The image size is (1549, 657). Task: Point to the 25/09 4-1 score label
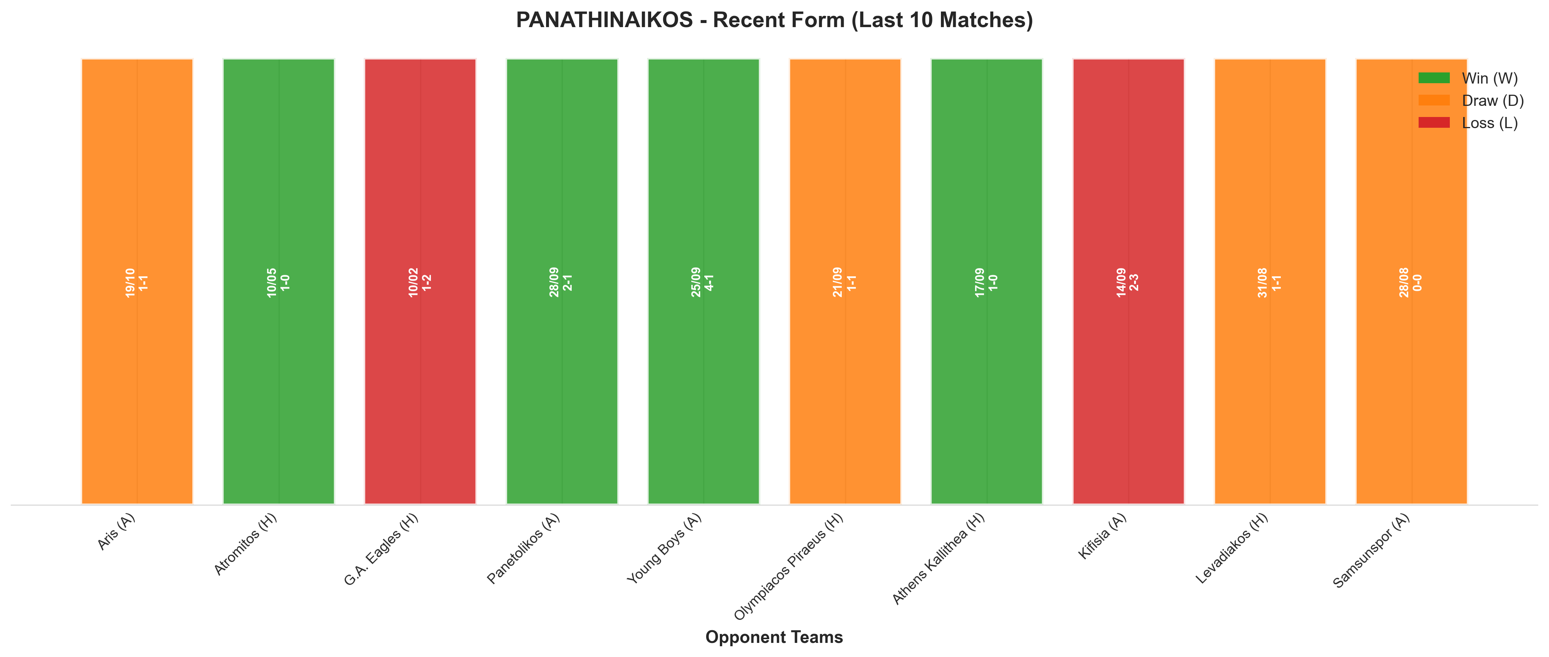pyautogui.click(x=702, y=282)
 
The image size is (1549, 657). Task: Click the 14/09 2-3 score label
pyautogui.click(x=1127, y=282)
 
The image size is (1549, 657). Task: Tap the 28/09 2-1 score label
pyautogui.click(x=561, y=282)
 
